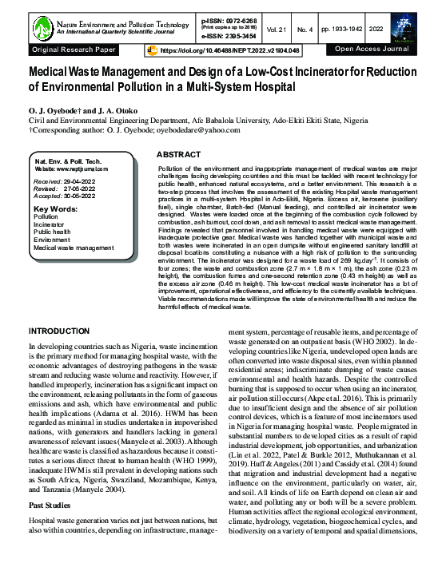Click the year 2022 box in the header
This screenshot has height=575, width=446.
pyautogui.click(x=398, y=28)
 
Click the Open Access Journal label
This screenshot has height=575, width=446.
pyautogui.click(x=372, y=50)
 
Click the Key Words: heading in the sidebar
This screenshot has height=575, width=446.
pyautogui.click(x=55, y=207)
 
